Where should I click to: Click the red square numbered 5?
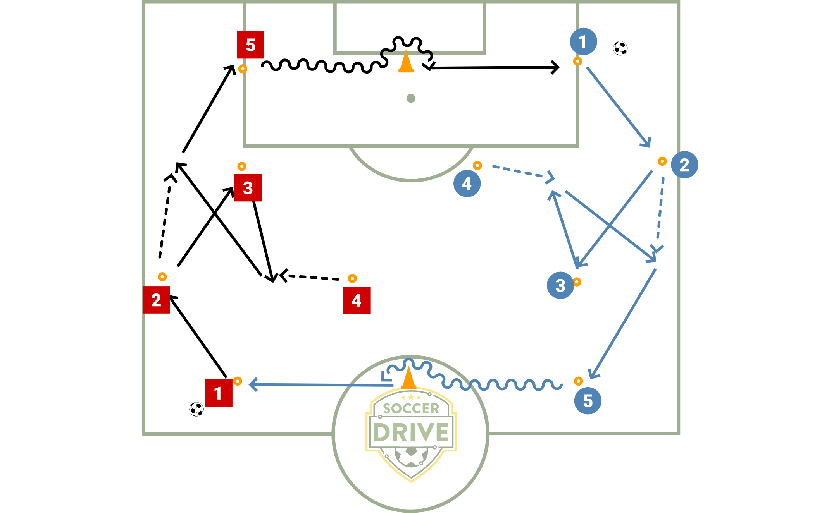click(x=250, y=45)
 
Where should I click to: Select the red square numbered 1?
click(x=219, y=393)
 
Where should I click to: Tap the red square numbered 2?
click(x=156, y=300)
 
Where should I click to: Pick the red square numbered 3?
click(x=248, y=188)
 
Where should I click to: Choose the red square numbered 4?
click(x=357, y=300)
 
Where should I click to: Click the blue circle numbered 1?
click(x=583, y=41)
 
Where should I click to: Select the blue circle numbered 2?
click(x=684, y=165)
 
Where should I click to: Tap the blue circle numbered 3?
click(x=560, y=285)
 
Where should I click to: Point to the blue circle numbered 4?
click(x=467, y=184)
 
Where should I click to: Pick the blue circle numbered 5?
click(x=588, y=401)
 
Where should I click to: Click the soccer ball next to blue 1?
click(x=620, y=48)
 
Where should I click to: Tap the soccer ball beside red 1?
click(x=196, y=409)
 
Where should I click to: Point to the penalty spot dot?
click(x=411, y=98)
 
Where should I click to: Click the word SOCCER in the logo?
click(x=411, y=408)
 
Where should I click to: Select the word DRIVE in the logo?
click(x=411, y=432)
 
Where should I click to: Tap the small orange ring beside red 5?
click(x=243, y=69)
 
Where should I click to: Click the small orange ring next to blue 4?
click(x=477, y=166)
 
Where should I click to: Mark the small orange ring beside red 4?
click(x=352, y=278)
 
